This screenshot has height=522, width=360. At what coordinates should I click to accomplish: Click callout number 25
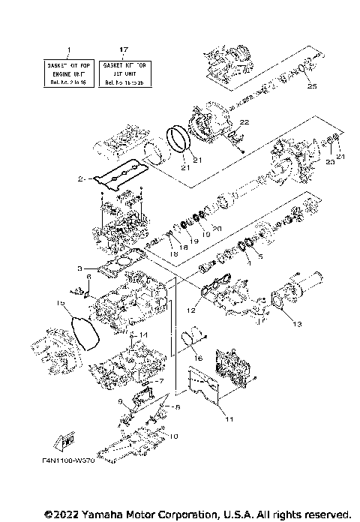313,87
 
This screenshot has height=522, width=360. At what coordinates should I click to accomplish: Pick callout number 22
244,121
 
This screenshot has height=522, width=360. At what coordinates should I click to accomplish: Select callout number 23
329,161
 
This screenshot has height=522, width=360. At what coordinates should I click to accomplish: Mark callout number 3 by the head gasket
79,268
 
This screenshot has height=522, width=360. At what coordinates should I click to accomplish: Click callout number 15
61,302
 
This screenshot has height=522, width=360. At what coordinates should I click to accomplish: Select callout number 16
199,358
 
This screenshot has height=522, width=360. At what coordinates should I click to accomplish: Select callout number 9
120,402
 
